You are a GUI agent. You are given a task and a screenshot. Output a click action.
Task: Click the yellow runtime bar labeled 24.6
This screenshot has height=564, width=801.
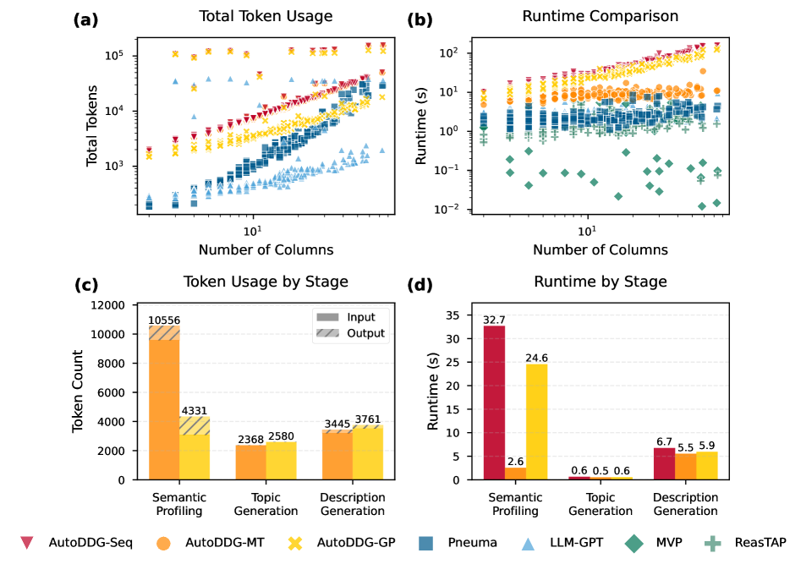[x=536, y=422]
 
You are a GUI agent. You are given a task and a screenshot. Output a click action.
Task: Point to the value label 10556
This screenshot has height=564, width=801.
[x=165, y=320]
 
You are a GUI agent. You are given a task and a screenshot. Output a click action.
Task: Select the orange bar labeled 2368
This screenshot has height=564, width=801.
[x=250, y=462]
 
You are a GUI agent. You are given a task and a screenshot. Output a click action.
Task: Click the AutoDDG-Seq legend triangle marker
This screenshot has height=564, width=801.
[x=26, y=542]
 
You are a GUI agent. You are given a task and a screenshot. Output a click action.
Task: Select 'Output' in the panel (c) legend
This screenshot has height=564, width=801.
[x=365, y=333]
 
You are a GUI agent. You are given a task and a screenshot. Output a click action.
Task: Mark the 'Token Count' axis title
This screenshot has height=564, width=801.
[x=78, y=392]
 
